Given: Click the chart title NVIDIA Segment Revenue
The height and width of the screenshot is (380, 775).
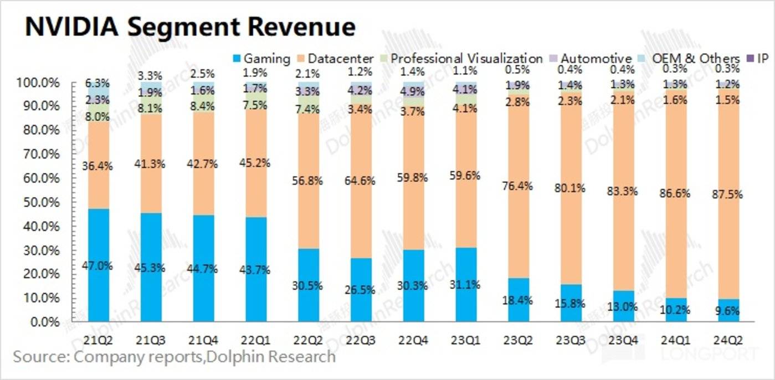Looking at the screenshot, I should point(190,27).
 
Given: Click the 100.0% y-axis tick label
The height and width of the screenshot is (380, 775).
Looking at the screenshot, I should point(42,83).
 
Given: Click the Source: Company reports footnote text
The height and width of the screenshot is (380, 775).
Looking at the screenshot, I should point(174,356).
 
